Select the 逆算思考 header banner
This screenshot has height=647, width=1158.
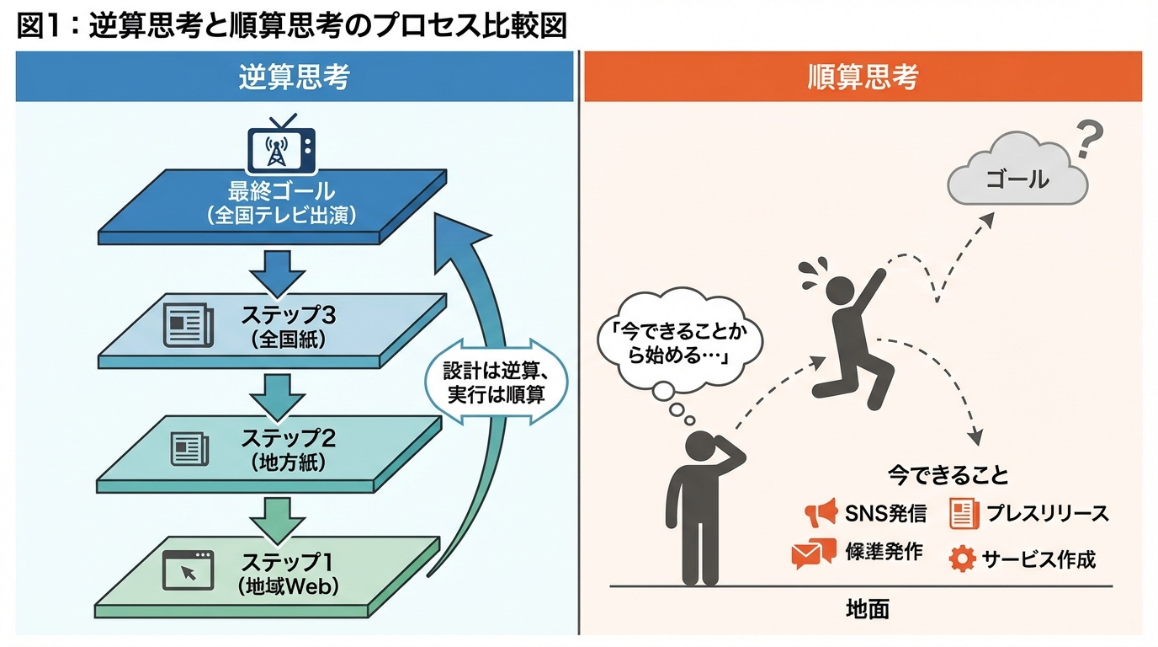[294, 77]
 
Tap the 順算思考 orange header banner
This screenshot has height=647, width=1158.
[863, 77]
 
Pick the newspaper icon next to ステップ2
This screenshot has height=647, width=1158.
[186, 448]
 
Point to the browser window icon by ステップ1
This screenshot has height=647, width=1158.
[188, 569]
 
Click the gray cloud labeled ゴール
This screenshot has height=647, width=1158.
[1017, 174]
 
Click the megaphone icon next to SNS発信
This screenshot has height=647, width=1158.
[820, 511]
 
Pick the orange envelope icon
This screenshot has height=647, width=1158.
[812, 553]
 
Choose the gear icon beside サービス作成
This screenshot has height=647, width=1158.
[962, 558]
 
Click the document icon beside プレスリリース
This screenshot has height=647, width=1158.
[964, 513]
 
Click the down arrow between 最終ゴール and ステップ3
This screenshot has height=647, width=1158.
[279, 269]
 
